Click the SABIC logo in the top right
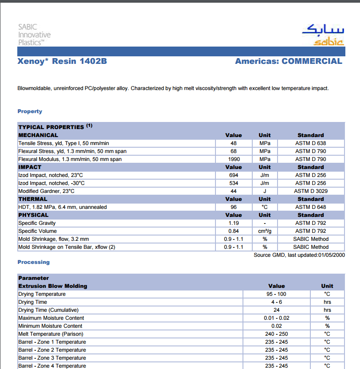click(x=322, y=35)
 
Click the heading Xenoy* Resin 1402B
click(x=62, y=61)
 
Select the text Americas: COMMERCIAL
click(x=289, y=61)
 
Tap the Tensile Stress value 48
click(x=234, y=143)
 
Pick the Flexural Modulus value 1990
click(x=234, y=159)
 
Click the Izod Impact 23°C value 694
click(x=234, y=175)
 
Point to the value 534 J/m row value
click(x=234, y=183)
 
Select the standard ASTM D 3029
click(x=310, y=191)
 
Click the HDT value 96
click(x=234, y=207)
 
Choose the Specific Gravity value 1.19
click(x=234, y=223)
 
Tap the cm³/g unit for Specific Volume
click(x=265, y=231)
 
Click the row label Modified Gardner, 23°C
click(x=47, y=191)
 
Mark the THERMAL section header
click(x=33, y=199)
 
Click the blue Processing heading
click(x=34, y=262)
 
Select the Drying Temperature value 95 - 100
click(x=276, y=294)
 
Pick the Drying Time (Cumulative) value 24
click(x=276, y=310)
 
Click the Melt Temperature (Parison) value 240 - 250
click(x=276, y=334)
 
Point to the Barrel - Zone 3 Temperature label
click(x=52, y=358)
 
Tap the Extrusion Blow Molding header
click(x=53, y=286)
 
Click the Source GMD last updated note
click(x=299, y=255)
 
